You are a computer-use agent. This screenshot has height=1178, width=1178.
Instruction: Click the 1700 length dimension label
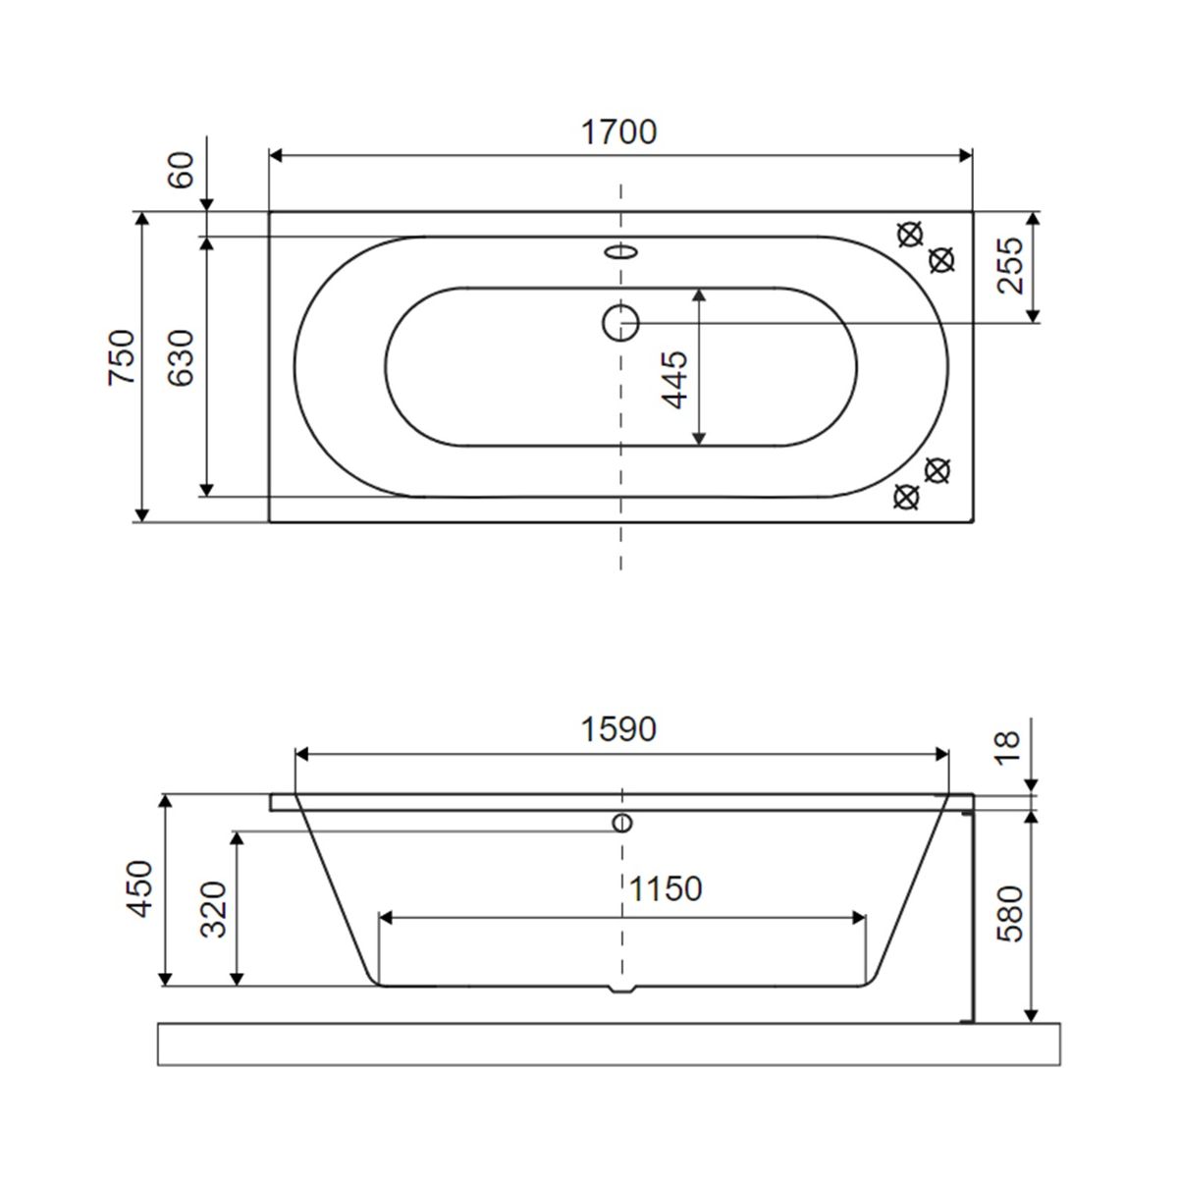click(x=618, y=133)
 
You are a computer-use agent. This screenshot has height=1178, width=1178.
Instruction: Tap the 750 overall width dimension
click(x=121, y=357)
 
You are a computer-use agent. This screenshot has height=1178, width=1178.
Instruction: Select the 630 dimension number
click(x=181, y=357)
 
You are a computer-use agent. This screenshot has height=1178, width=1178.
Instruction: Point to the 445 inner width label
click(x=674, y=380)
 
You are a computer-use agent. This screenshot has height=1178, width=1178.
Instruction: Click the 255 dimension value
click(x=1009, y=265)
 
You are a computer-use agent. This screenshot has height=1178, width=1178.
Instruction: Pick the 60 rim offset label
click(x=181, y=170)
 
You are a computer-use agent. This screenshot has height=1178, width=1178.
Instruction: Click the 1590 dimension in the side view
click(x=618, y=728)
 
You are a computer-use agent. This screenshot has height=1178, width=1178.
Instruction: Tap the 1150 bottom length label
click(x=666, y=888)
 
